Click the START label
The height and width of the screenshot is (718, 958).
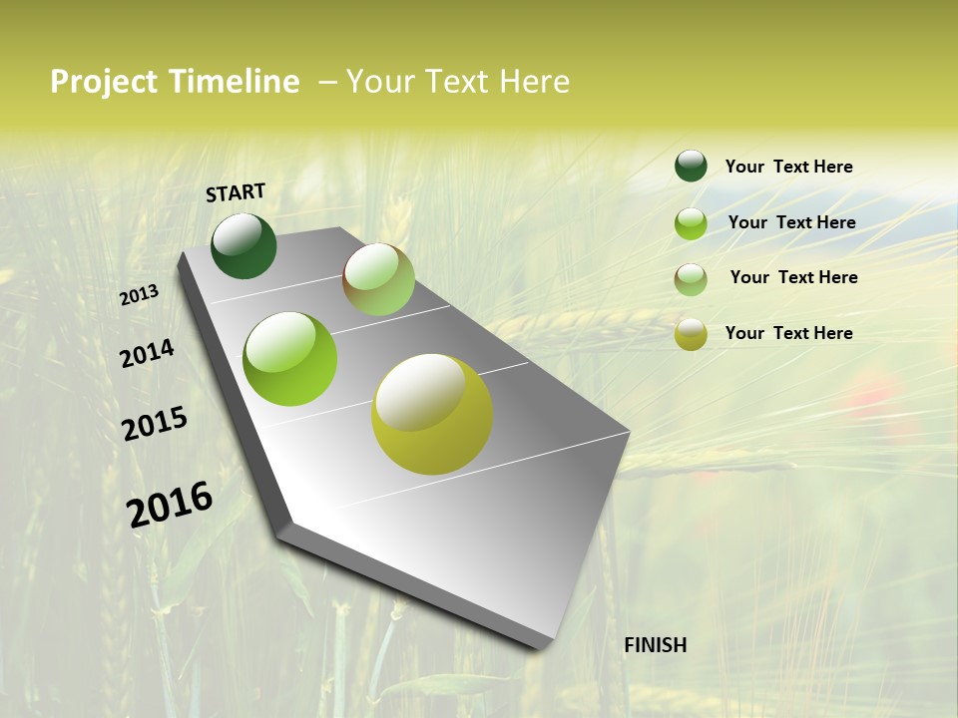coord(236,192)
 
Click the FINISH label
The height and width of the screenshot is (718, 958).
coord(655,645)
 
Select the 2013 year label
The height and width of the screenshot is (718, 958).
coord(140,295)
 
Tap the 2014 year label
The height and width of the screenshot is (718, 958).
coord(148,354)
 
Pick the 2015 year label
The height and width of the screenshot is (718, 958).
coord(155,424)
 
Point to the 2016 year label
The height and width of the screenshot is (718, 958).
coord(170,504)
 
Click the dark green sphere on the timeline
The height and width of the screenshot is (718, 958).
coord(244,246)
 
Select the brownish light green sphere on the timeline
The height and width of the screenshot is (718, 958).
coord(378,279)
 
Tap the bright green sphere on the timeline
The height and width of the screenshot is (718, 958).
coord(290,359)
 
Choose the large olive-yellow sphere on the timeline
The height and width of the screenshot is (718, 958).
coord(432,414)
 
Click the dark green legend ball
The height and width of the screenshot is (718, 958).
coord(691,167)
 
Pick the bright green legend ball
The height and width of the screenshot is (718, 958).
coord(691,223)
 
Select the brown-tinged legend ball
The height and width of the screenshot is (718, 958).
coord(691,279)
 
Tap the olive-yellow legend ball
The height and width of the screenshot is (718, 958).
coord(691,334)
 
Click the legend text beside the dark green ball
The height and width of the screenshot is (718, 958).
coord(788,168)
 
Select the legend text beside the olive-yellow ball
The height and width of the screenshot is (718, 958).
coord(788,333)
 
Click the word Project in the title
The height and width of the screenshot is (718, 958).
coord(104,82)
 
